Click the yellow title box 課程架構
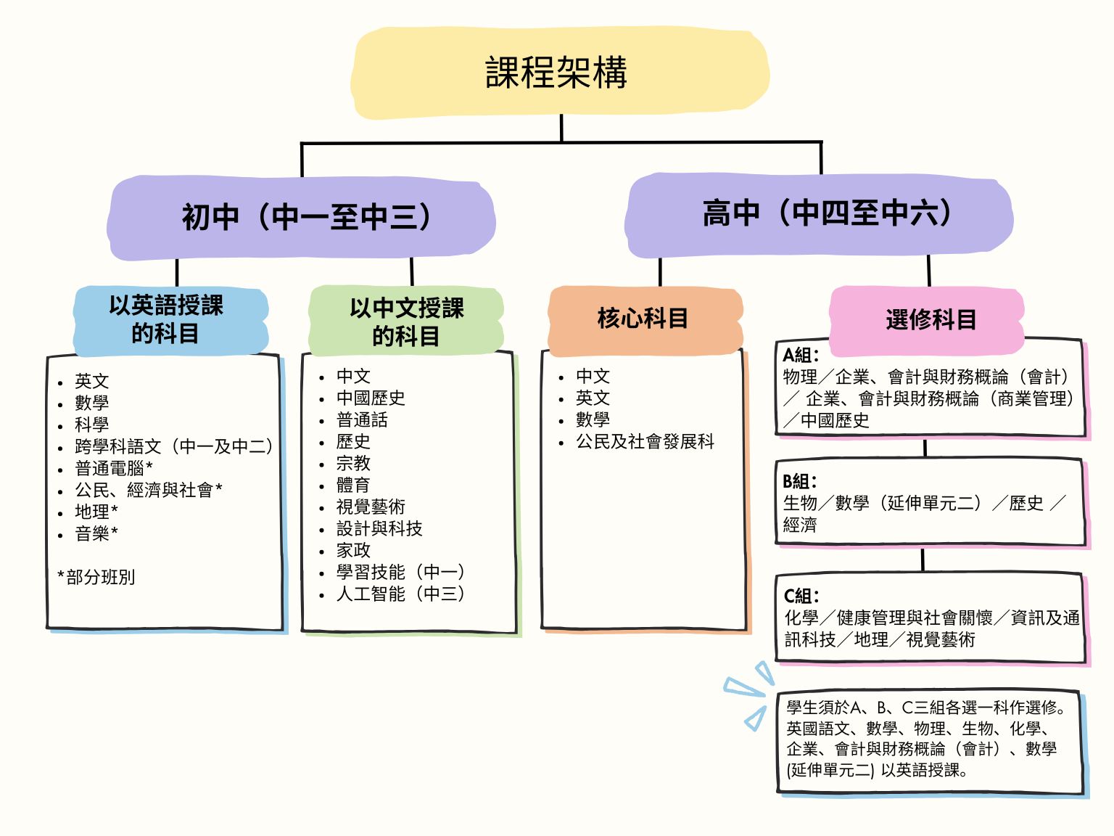click(x=557, y=73)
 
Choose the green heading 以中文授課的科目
click(x=406, y=321)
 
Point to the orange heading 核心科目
click(x=643, y=318)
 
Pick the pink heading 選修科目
click(x=931, y=319)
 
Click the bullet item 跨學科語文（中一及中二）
click(x=174, y=446)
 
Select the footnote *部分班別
click(x=96, y=577)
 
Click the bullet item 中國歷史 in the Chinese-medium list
click(x=371, y=398)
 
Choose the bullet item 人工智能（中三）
click(x=400, y=594)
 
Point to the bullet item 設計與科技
click(x=379, y=528)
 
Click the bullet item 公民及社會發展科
click(x=645, y=441)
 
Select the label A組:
click(x=801, y=355)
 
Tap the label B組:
click(x=799, y=481)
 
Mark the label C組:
click(x=801, y=596)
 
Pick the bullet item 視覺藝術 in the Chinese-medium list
click(x=371, y=507)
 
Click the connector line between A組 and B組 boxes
click(x=925, y=448)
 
